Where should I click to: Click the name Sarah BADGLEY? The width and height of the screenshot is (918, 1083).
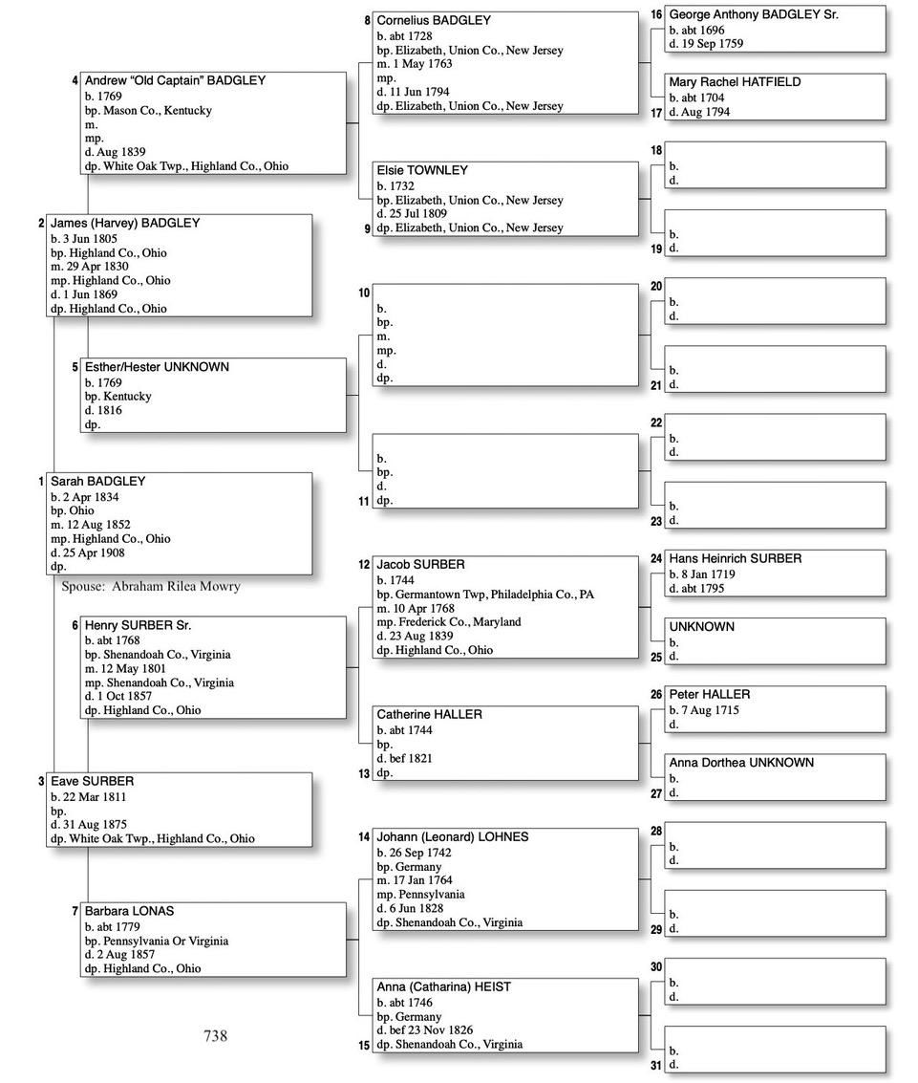[98, 482]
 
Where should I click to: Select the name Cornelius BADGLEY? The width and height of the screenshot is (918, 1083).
[434, 20]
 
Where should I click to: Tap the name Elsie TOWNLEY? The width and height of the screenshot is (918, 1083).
[422, 170]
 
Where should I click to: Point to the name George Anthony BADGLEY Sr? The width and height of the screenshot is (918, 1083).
[754, 14]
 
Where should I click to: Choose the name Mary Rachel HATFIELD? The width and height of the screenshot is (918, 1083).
[735, 82]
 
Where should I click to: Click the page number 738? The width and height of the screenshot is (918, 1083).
[215, 1036]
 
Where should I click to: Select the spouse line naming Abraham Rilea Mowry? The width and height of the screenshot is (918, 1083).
[151, 586]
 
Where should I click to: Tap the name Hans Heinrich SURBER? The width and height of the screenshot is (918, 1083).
[735, 558]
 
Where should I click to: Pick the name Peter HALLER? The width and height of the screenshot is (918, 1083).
[710, 694]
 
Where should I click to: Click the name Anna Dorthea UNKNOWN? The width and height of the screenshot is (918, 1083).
[741, 763]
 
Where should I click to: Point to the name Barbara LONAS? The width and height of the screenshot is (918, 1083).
[129, 911]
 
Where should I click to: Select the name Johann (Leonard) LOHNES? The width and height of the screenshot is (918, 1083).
[452, 836]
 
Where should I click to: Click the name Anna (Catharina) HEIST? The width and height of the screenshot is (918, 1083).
[445, 986]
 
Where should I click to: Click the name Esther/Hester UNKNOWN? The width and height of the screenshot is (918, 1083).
[157, 367]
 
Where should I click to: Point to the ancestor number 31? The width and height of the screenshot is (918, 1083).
[656, 1066]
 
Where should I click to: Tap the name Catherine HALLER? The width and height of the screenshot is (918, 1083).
[429, 714]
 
